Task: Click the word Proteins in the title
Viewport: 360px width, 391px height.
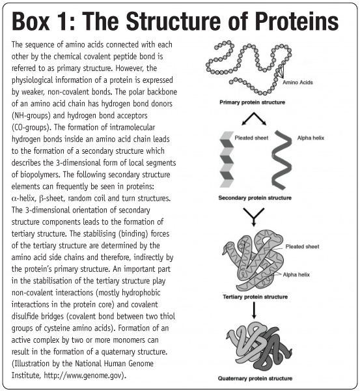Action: tap(296, 21)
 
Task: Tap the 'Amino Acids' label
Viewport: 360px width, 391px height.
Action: tap(298, 83)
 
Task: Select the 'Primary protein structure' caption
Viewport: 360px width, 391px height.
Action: tap(252, 102)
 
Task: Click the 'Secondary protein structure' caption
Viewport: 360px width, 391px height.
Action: tap(255, 197)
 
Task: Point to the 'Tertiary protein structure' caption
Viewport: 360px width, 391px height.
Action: tap(255, 297)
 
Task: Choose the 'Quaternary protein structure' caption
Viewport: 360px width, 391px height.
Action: tap(255, 378)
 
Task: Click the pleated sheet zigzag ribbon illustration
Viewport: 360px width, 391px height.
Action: tap(227, 160)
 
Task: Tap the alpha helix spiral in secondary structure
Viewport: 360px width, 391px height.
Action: tap(281, 160)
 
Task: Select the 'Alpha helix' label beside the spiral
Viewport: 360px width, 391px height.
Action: tap(311, 138)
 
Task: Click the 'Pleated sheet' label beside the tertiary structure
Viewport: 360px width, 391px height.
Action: tap(302, 246)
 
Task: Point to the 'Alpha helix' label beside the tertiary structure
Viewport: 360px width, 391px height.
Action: tap(296, 274)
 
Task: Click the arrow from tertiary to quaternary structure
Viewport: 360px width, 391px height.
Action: tap(254, 310)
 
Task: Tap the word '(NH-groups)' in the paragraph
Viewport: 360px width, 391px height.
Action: tap(31, 116)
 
